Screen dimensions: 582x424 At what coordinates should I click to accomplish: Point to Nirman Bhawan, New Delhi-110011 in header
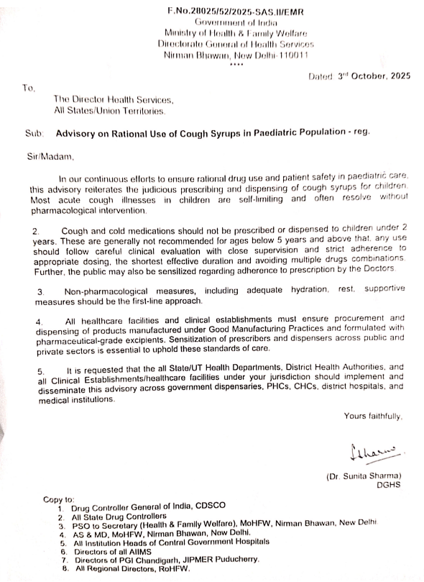236,55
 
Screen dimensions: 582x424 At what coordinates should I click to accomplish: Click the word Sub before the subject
34,133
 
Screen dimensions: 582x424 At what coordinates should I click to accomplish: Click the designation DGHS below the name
387,485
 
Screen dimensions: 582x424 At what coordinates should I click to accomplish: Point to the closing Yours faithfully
373,417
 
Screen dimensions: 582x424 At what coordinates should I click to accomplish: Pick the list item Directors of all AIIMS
115,551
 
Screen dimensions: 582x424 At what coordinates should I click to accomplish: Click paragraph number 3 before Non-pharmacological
41,291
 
